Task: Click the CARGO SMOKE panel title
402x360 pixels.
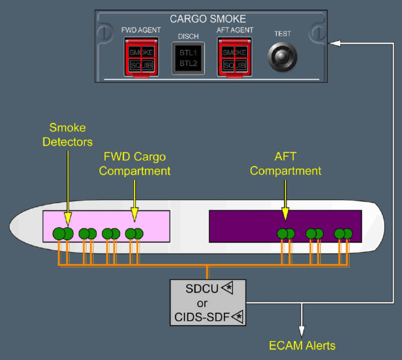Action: [x=207, y=19]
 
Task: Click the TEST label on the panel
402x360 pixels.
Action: [x=282, y=34]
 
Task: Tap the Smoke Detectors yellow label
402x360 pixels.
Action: [x=68, y=135]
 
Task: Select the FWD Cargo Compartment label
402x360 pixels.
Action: [x=135, y=164]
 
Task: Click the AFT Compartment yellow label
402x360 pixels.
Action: [x=285, y=164]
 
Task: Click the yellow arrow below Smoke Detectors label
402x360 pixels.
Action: [x=68, y=183]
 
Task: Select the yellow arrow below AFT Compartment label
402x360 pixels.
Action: [x=285, y=199]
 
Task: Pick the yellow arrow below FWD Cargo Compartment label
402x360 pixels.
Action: [x=135, y=199]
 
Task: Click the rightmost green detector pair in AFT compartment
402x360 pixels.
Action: [x=344, y=234]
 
